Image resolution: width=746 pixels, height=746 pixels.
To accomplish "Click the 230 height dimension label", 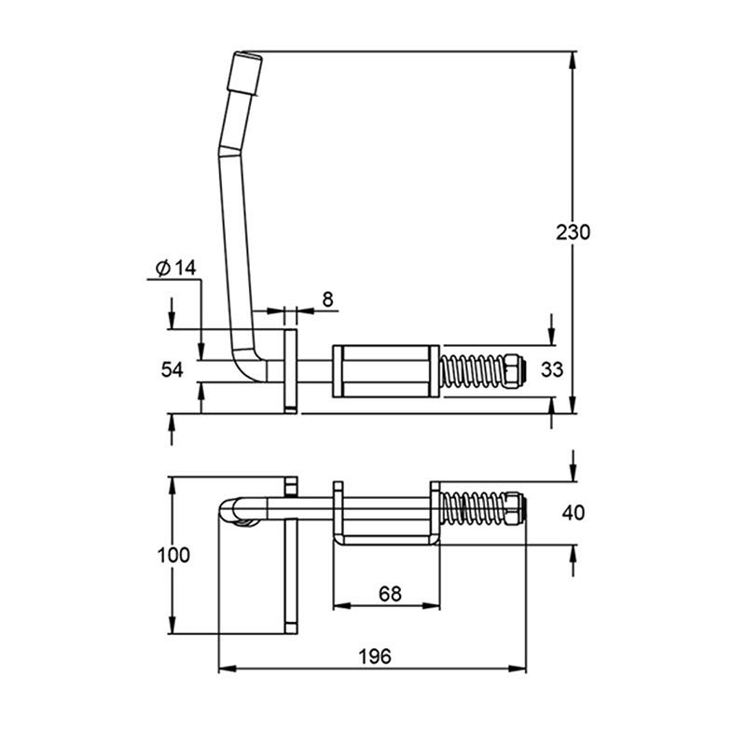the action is pyautogui.click(x=573, y=232).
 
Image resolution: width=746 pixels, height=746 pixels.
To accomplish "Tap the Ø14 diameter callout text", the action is pyautogui.click(x=176, y=269).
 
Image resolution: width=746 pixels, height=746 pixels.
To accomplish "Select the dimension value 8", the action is pyautogui.click(x=327, y=299).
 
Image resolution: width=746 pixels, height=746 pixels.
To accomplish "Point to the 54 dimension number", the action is pyautogui.click(x=172, y=369).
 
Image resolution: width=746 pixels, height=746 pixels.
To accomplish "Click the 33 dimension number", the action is pyautogui.click(x=552, y=369).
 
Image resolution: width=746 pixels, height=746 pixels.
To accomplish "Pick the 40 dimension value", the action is pyautogui.click(x=573, y=514).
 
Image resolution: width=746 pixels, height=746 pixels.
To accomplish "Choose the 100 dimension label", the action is pyautogui.click(x=173, y=555).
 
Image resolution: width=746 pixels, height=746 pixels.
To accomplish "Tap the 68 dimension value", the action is pyautogui.click(x=390, y=594).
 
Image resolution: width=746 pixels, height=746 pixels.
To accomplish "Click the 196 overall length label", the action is pyautogui.click(x=375, y=656).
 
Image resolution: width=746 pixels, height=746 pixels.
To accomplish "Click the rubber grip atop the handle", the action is pyautogui.click(x=244, y=73).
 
